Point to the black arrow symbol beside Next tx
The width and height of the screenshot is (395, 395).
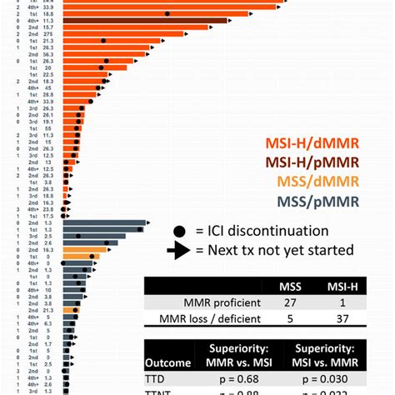click(180, 250)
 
